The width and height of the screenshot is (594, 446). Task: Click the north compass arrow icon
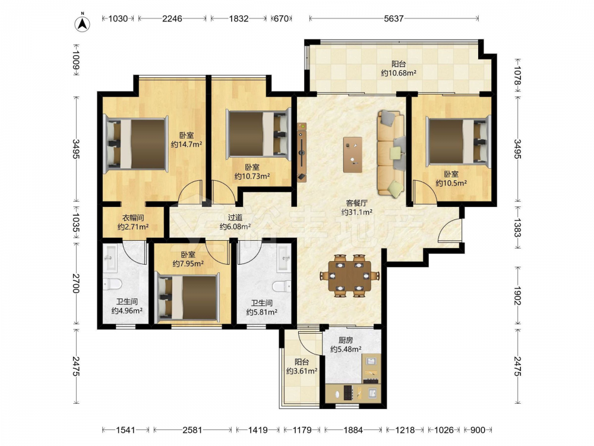pos(82,24)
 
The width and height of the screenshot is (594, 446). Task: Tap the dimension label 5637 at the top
pos(393,18)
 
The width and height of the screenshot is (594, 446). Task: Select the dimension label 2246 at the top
pos(172,18)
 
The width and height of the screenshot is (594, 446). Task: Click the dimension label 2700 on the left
pos(76,283)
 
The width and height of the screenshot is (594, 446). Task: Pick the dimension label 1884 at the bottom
pos(353,430)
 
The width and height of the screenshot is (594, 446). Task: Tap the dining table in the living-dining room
pos(349,275)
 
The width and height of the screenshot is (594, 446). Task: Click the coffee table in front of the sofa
pos(353,155)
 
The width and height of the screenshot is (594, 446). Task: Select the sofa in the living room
pos(391,153)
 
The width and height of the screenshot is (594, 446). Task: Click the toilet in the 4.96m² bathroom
pos(112,284)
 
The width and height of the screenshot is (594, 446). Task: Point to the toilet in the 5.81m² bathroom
pos(282,286)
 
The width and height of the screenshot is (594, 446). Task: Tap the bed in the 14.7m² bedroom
pos(136,144)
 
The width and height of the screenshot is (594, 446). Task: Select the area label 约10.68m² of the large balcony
pos(399,73)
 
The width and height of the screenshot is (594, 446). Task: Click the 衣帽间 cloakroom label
pos(132,218)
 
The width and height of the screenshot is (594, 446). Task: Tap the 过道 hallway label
pos(235,217)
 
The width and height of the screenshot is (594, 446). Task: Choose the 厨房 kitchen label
pos(346,340)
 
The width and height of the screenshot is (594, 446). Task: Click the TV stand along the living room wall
pos(302,152)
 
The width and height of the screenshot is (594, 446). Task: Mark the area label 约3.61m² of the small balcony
pos(302,371)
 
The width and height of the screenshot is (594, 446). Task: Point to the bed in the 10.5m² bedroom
pos(459,142)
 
